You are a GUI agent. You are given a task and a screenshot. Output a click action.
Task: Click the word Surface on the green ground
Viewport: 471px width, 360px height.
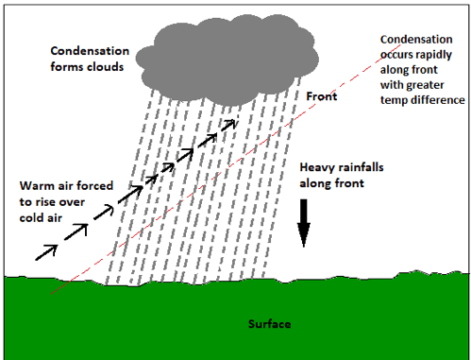click(x=269, y=325)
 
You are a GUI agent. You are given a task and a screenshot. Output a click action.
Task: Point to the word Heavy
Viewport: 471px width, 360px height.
click(x=316, y=166)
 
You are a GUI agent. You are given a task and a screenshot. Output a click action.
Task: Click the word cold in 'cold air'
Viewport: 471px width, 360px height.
click(x=31, y=215)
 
